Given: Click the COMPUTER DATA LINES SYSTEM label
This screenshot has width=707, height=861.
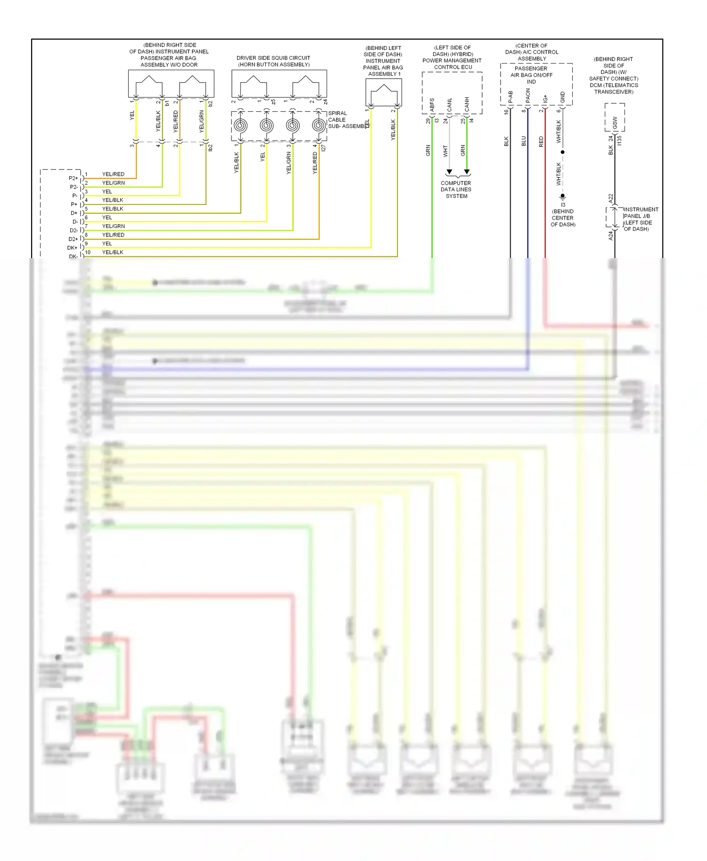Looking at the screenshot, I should [x=456, y=189].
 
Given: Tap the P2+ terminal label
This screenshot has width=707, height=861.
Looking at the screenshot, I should [x=74, y=179].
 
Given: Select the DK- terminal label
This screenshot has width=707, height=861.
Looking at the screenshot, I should [x=74, y=257].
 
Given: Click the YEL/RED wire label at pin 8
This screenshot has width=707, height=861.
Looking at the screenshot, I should [x=113, y=235].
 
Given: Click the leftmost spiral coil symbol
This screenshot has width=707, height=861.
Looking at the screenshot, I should [x=240, y=126].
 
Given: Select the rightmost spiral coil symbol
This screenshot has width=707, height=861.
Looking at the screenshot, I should [x=319, y=126].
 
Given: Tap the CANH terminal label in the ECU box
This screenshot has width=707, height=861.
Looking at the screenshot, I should [x=467, y=105].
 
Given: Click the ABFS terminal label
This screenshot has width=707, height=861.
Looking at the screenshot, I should [x=432, y=105].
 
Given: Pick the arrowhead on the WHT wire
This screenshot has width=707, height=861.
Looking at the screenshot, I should [x=449, y=172].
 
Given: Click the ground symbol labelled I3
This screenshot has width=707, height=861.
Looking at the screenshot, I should [x=562, y=197].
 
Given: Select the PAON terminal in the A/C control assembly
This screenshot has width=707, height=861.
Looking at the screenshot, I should [x=528, y=96].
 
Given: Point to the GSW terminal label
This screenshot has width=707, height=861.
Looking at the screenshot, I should [x=615, y=122].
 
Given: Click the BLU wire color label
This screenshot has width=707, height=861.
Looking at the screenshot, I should [x=524, y=141].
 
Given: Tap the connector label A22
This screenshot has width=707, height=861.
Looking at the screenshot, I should [x=611, y=198].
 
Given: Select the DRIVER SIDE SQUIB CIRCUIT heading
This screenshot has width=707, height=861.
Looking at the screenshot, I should [x=273, y=58].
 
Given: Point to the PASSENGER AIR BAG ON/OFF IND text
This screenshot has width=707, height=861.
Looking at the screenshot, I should [x=531, y=75].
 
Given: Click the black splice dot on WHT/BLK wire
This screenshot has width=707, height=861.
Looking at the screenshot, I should [x=562, y=152].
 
